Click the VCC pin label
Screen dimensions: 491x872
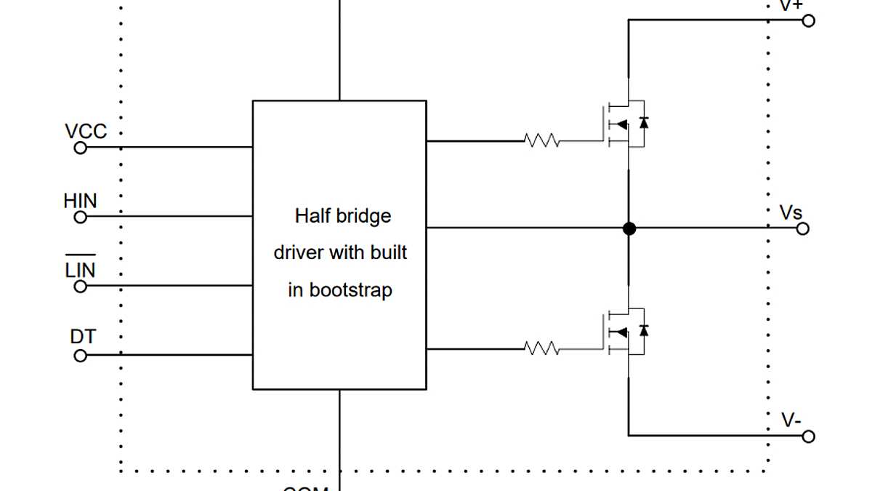[x=86, y=132]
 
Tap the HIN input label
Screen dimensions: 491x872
[x=80, y=201]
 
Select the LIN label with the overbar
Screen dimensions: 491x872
[x=80, y=270]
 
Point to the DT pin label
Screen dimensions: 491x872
[x=83, y=337]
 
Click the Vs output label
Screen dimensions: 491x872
[x=791, y=212]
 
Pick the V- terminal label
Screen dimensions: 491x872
[x=791, y=420]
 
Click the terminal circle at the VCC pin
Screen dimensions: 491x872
[x=81, y=148]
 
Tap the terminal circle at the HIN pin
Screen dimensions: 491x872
[x=81, y=217]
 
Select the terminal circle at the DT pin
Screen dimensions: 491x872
[x=81, y=356]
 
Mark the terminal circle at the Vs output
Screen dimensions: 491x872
[x=803, y=228]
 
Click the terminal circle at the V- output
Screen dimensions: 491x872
[x=808, y=436]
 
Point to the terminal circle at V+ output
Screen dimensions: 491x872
[x=808, y=20]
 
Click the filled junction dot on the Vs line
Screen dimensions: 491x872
[x=629, y=228]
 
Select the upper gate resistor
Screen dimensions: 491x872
[x=542, y=141]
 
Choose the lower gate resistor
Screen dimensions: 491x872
[x=542, y=349]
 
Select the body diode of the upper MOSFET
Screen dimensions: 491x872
[x=642, y=122]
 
